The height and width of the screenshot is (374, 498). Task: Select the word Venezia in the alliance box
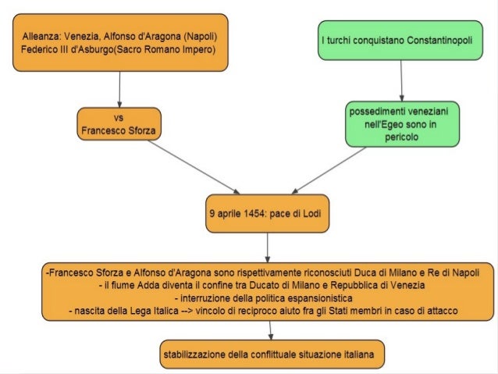point(85,37)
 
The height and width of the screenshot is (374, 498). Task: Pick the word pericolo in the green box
point(401,137)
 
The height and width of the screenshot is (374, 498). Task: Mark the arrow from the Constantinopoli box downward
point(400,80)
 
